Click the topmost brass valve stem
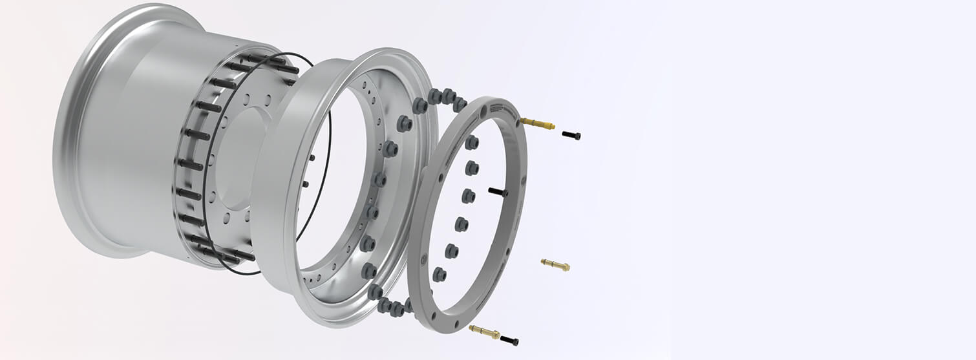click(x=537, y=123)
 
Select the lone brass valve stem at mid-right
click(x=555, y=264)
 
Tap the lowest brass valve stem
click(x=484, y=332)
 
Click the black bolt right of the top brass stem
click(x=571, y=135)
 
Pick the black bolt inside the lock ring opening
click(x=498, y=192)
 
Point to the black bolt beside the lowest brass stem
click(x=509, y=340)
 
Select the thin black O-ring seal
click(x=326, y=162)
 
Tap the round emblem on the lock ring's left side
click(x=423, y=259)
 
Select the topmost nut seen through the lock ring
click(x=471, y=142)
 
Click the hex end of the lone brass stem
click(x=566, y=266)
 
